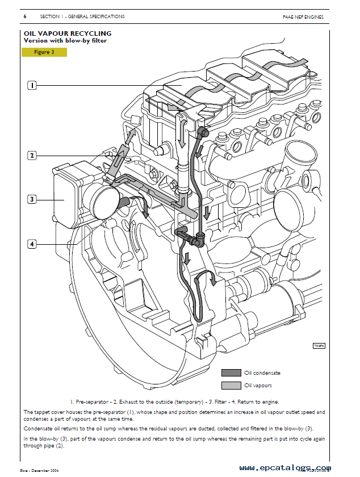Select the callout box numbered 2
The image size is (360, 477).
[x=32, y=155]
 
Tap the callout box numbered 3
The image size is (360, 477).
[x=32, y=199]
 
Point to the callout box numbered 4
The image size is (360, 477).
[x=32, y=244]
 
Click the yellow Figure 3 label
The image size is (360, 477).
[x=44, y=52]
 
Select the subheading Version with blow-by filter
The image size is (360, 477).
[x=65, y=41]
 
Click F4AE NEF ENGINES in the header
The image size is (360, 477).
[x=303, y=17]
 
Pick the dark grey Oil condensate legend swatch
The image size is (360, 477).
[x=231, y=373]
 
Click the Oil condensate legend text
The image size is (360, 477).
[x=262, y=373]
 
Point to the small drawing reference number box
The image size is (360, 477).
[x=319, y=346]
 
